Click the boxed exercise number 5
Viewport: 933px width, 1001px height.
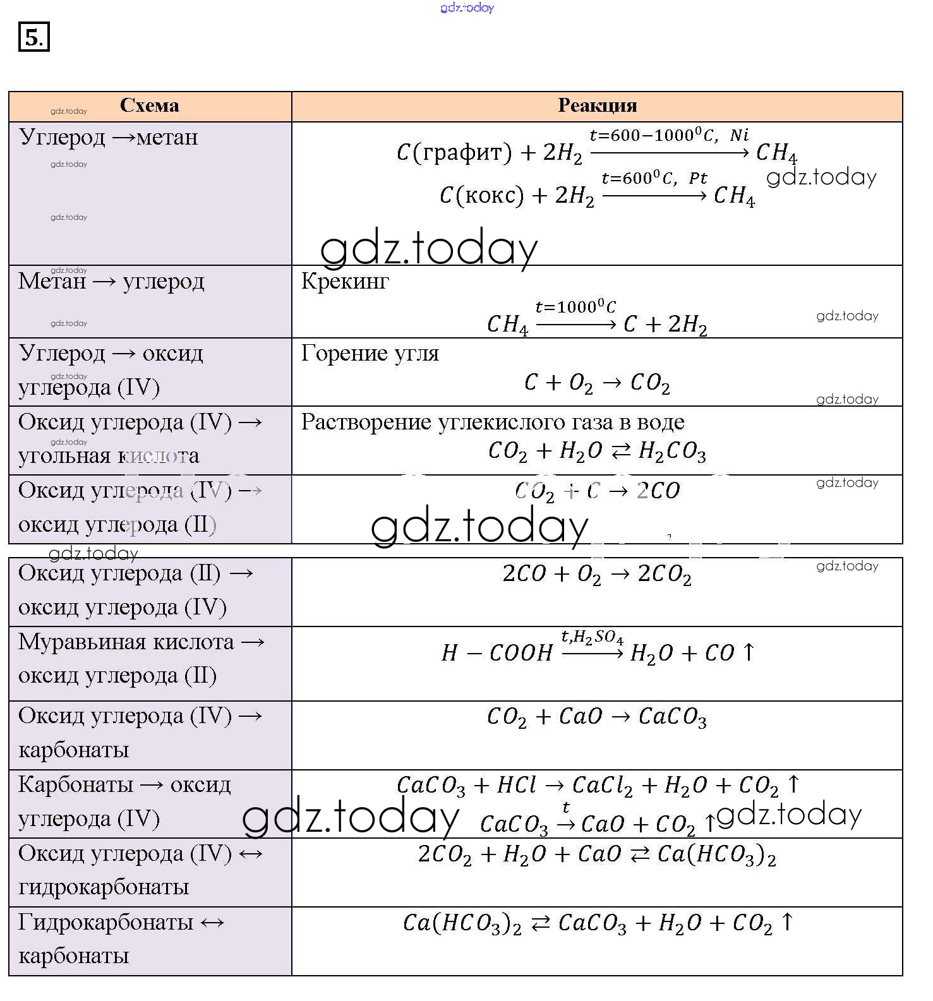pos(33,37)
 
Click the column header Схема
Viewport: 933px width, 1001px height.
pos(149,105)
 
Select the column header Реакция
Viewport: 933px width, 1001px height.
pos(597,105)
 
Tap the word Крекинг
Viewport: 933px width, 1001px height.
pos(345,282)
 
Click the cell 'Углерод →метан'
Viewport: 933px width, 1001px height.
pos(108,137)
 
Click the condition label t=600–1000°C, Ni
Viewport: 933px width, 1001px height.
pos(668,135)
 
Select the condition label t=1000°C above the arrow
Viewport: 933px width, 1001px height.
pos(575,308)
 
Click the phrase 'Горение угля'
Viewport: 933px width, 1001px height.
pos(370,353)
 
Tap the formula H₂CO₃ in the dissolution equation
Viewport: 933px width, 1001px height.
pos(672,451)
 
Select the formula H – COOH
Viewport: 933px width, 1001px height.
pos(497,653)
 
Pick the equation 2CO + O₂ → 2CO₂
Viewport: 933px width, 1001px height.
pos(597,574)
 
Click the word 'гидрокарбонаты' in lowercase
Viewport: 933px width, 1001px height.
pos(104,887)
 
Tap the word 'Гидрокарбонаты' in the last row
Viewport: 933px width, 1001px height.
pos(105,922)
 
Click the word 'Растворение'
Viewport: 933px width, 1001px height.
pos(366,422)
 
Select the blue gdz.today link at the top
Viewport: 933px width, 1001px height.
pos(467,8)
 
